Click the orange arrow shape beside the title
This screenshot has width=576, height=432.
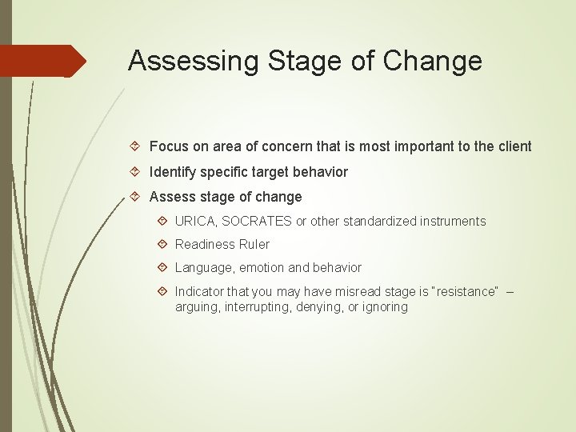click(x=43, y=61)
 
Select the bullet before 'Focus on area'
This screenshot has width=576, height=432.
click(x=135, y=146)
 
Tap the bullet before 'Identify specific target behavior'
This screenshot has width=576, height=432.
click(x=135, y=172)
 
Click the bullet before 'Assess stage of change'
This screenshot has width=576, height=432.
click(x=135, y=197)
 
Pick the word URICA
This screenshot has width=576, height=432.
click(x=194, y=222)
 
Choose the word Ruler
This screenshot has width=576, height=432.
click(x=254, y=245)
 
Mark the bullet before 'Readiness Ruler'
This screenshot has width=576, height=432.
click(x=162, y=245)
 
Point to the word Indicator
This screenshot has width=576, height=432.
click(x=199, y=291)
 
